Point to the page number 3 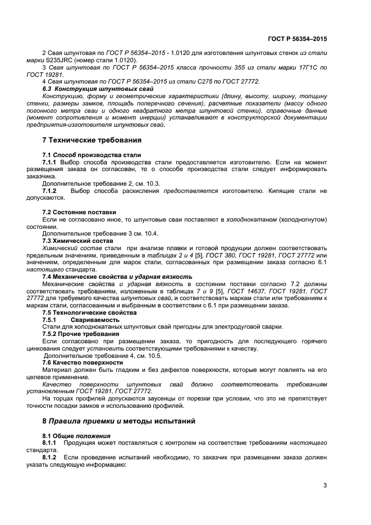click(325, 485)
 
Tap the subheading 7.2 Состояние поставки click(79, 211)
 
